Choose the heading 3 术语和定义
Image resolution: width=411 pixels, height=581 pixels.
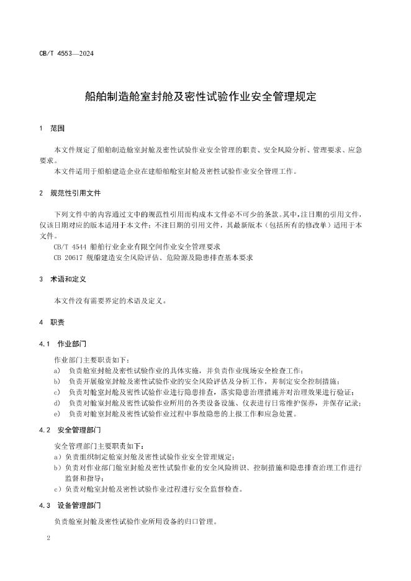66,280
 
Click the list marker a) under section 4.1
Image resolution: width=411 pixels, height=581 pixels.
57,371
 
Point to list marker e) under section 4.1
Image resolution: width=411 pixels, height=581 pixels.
57,413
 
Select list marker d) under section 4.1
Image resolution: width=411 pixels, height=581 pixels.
57,403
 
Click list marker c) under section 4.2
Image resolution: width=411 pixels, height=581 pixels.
58,489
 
